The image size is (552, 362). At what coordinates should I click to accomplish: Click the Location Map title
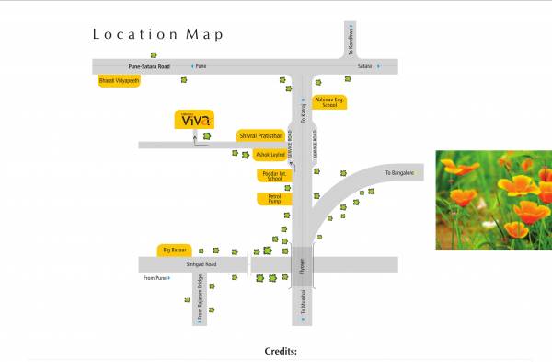pos(157,35)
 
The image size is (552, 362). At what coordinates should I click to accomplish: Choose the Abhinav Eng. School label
pos(328,101)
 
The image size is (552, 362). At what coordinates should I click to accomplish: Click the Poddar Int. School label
pos(275,175)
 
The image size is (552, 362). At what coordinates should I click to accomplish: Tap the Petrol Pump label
pos(275,198)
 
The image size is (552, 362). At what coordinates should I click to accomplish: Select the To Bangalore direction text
pos(401,172)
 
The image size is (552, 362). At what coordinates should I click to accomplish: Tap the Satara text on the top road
pos(364,67)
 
